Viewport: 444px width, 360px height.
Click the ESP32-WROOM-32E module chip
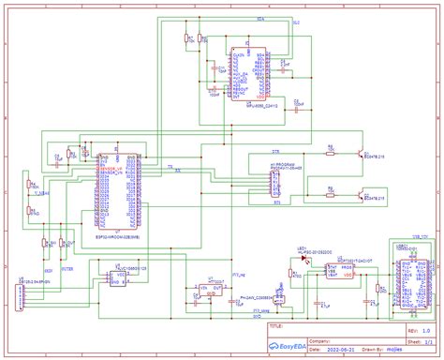(118, 192)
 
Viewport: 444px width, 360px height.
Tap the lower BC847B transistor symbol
(360, 194)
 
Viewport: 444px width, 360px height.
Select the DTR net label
(275, 151)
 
